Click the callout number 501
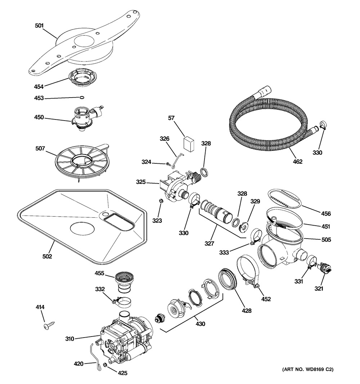[39, 26]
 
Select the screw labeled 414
[49, 325]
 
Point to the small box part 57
[189, 144]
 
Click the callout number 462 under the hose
[298, 162]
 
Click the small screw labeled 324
[168, 164]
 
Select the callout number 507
[40, 148]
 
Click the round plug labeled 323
[161, 201]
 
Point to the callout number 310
[69, 339]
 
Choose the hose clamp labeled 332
[121, 301]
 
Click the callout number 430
[200, 324]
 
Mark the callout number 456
[326, 214]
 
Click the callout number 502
[47, 256]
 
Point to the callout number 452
[266, 299]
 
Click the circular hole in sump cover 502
[82, 229]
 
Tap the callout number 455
[99, 273]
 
